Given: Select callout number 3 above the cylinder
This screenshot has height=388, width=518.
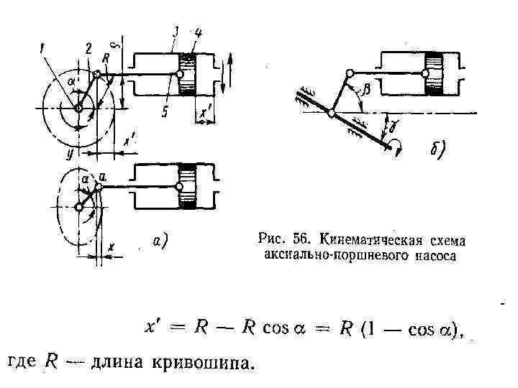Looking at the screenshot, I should pyautogui.click(x=176, y=32).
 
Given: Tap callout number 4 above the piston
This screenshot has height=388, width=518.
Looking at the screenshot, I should pyautogui.click(x=198, y=32).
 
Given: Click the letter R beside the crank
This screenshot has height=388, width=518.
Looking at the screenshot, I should pyautogui.click(x=105, y=57).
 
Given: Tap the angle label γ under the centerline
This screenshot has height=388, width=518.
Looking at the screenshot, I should pyautogui.click(x=394, y=127).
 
